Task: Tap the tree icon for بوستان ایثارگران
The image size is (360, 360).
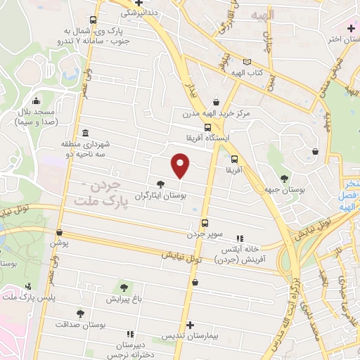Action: coord(161,184)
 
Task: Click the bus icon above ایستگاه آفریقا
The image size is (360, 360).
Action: coord(206,127)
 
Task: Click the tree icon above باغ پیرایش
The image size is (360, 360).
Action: coord(124,288)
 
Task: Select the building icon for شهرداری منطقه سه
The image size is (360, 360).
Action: coord(84,134)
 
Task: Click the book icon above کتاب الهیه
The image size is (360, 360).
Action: coord(245,61)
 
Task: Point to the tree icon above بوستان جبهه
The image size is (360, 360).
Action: coord(284,179)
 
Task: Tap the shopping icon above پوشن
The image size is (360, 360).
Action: coord(59,231)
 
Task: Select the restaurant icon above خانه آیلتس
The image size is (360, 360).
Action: coord(241,238)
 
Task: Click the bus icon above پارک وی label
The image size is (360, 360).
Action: coord(94,20)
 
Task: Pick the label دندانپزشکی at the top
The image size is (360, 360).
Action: coord(139,13)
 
